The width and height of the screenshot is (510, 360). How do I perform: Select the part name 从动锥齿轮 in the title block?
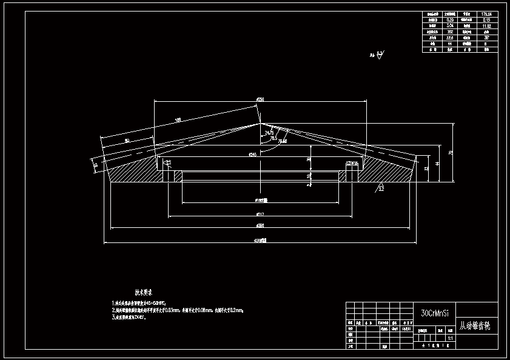[x=475, y=326]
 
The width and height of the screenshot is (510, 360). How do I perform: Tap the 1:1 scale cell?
[x=450, y=338]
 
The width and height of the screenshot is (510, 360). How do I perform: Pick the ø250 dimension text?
[x=260, y=99]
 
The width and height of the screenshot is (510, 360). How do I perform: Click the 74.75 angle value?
[x=269, y=132]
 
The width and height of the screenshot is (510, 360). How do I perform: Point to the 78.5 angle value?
[x=273, y=138]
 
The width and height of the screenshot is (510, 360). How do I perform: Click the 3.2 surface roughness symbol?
[x=381, y=188]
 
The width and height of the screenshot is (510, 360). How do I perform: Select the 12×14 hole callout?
[x=352, y=164]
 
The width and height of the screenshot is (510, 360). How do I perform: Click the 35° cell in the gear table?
[x=486, y=37]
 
